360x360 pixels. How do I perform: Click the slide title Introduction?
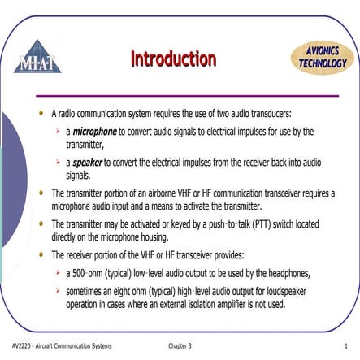(x=173, y=59)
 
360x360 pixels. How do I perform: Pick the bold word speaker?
(x=87, y=162)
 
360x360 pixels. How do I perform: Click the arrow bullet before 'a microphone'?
(x=58, y=130)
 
